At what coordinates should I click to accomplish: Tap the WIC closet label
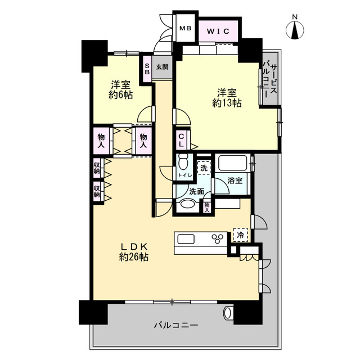tap(218, 31)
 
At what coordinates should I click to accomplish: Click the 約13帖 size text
tap(227, 103)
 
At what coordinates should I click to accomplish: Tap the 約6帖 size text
tap(121, 95)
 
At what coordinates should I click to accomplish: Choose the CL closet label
tap(182, 141)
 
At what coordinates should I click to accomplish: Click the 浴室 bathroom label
tap(235, 182)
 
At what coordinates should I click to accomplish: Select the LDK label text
tap(133, 246)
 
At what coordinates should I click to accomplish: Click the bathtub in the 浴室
tap(233, 164)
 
